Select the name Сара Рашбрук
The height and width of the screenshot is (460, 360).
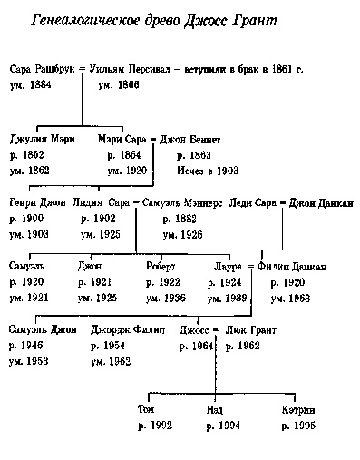click(x=39, y=69)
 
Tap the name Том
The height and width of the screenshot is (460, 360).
click(x=145, y=409)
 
